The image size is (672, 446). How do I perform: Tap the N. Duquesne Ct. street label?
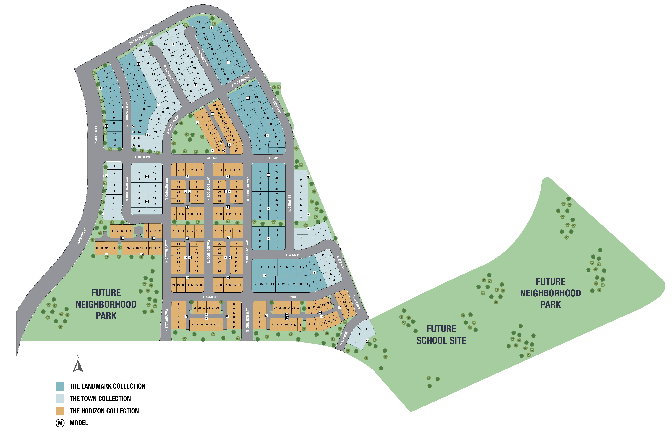202,57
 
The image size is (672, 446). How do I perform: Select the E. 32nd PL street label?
293,255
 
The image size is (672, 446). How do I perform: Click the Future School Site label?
441,335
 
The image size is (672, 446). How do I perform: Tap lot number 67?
228,79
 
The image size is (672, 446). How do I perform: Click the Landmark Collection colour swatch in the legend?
60,386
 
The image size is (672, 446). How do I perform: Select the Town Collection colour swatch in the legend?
60,399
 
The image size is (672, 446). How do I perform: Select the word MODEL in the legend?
79,423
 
